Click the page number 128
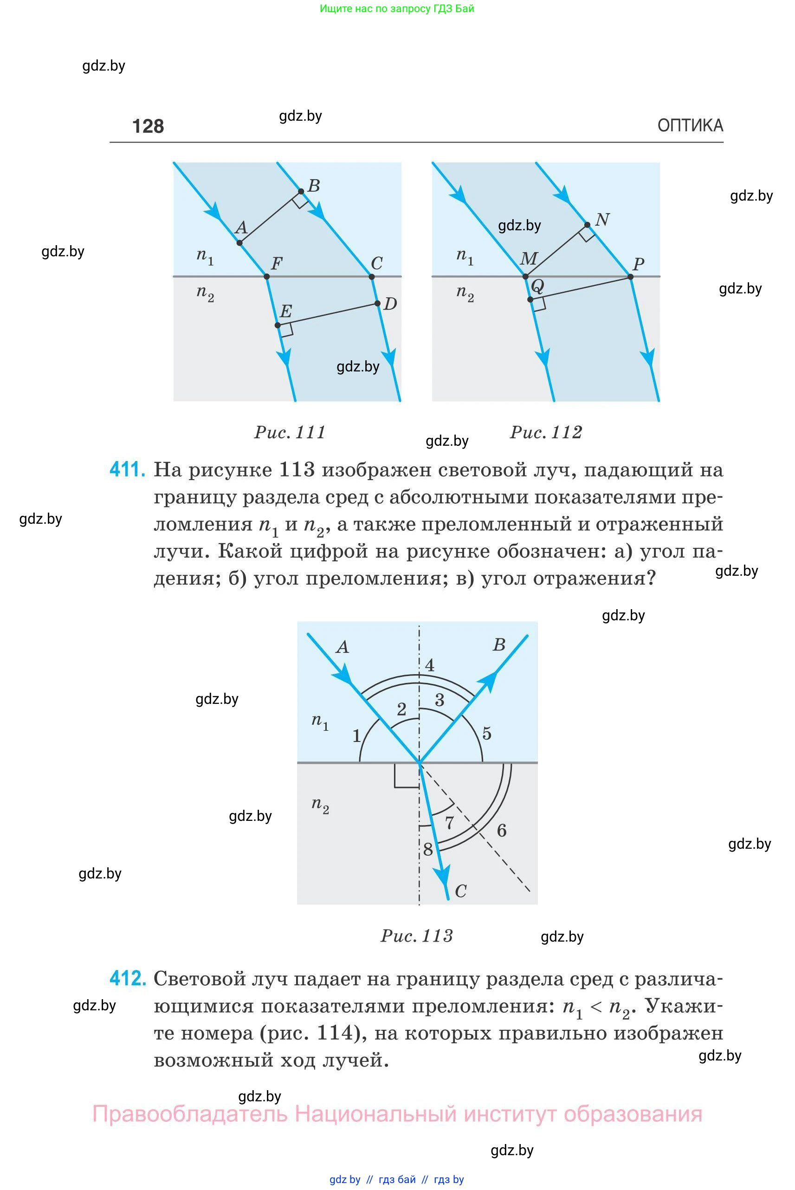pyautogui.click(x=148, y=126)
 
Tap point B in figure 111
pyautogui.click(x=301, y=191)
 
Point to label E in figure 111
pyautogui.click(x=286, y=311)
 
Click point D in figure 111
pyautogui.click(x=377, y=303)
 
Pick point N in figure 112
pyautogui.click(x=587, y=225)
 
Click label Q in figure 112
pyautogui.click(x=537, y=286)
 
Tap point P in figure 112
pyautogui.click(x=630, y=276)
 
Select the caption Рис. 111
pyautogui.click(x=290, y=432)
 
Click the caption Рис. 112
pyautogui.click(x=546, y=432)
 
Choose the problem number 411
pyautogui.click(x=127, y=469)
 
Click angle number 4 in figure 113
pyautogui.click(x=429, y=665)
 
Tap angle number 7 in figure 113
pyautogui.click(x=449, y=823)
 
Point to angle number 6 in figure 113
pyautogui.click(x=501, y=830)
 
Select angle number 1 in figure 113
pyautogui.click(x=356, y=735)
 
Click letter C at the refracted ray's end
pyautogui.click(x=460, y=891)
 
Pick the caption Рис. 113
pyautogui.click(x=416, y=936)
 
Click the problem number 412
pyautogui.click(x=127, y=978)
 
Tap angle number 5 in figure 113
pyautogui.click(x=487, y=734)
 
